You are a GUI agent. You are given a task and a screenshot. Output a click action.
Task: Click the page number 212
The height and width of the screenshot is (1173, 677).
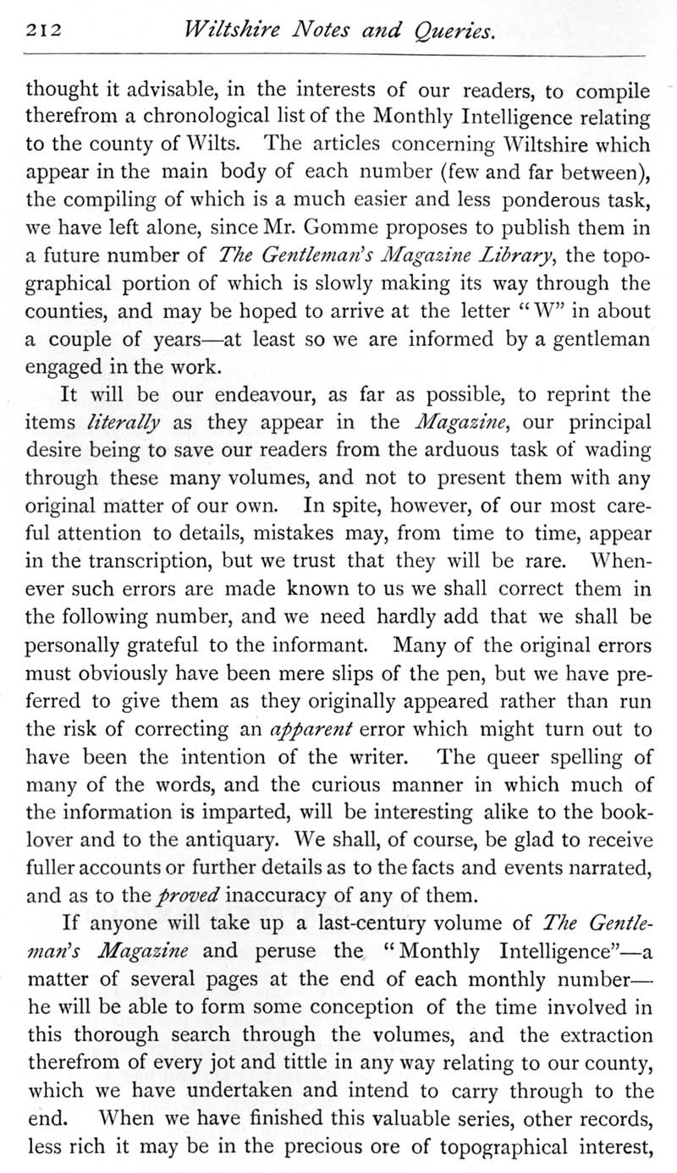pyautogui.click(x=41, y=32)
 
